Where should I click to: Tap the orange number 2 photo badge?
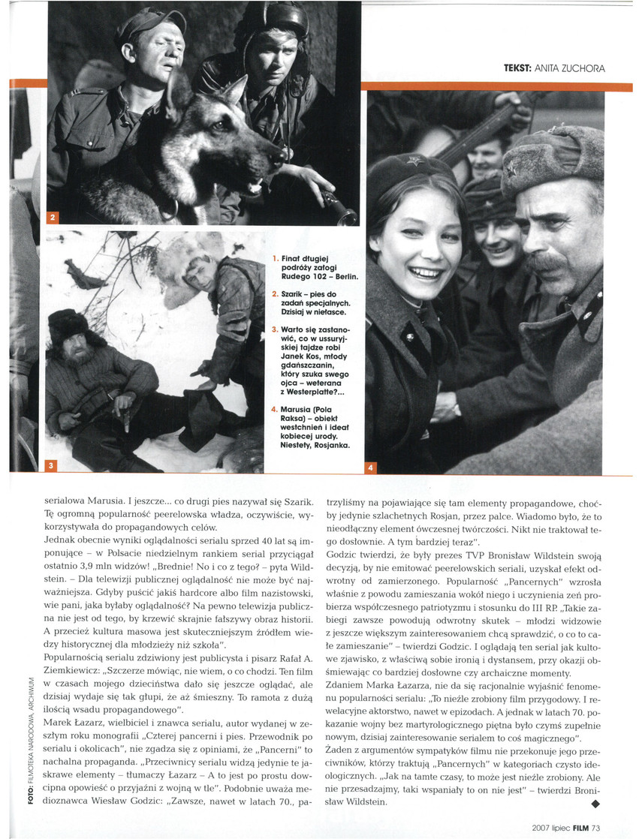coord(53,218)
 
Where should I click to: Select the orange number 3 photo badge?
coord(51,466)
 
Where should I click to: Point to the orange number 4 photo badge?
coord(372,469)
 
